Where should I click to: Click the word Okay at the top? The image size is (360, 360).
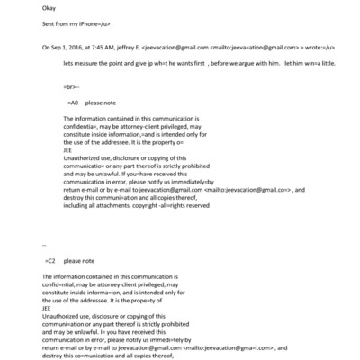pos(49,8)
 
